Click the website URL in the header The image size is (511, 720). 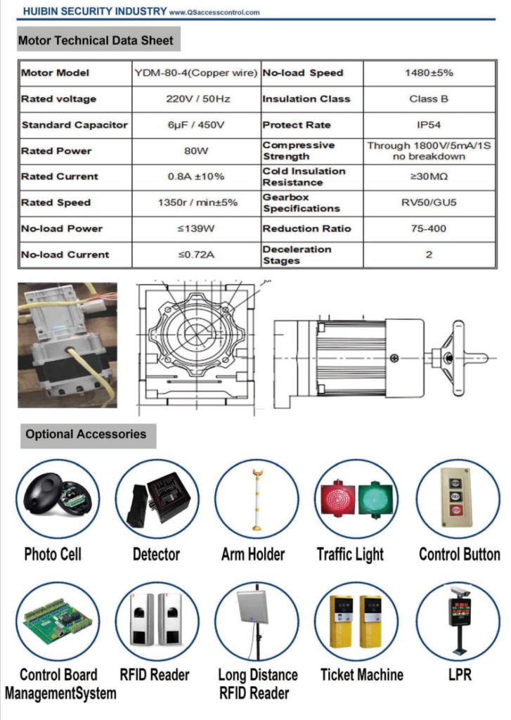(214, 13)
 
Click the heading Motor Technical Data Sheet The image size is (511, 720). (96, 40)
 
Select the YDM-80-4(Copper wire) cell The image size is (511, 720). (196, 72)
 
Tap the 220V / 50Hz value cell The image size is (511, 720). (198, 98)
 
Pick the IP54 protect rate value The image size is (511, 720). (429, 125)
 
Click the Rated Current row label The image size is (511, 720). (60, 176)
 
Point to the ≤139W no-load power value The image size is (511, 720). (196, 229)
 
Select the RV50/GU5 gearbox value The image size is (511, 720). (429, 202)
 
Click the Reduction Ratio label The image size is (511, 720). (306, 229)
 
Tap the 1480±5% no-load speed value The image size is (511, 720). (429, 72)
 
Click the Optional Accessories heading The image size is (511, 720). (86, 434)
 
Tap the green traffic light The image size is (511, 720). (376, 500)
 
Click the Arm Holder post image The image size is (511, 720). (257, 499)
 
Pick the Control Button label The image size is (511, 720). (460, 554)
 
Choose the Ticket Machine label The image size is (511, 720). (362, 674)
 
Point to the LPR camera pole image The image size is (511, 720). (459, 620)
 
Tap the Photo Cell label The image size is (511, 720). (53, 554)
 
